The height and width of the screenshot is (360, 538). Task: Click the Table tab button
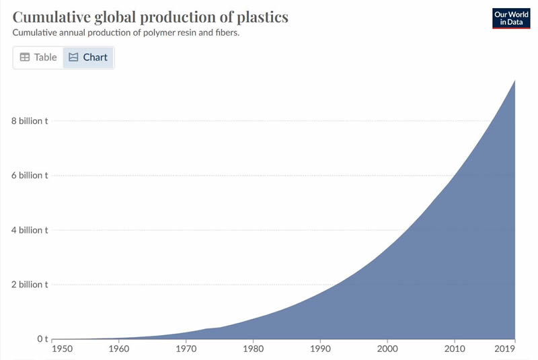pos(38,57)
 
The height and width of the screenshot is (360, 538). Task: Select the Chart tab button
pos(88,57)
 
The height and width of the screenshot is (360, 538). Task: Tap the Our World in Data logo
pos(510,18)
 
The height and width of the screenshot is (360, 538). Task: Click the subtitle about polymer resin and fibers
pos(126,32)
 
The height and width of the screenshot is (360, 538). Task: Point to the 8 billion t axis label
pos(28,121)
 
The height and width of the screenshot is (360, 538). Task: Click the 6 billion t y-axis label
pos(28,176)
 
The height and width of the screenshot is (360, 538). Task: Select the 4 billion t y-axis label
pos(28,230)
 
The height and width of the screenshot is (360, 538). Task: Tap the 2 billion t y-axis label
pos(28,285)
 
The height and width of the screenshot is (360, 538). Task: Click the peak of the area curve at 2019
pos(515,81)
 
